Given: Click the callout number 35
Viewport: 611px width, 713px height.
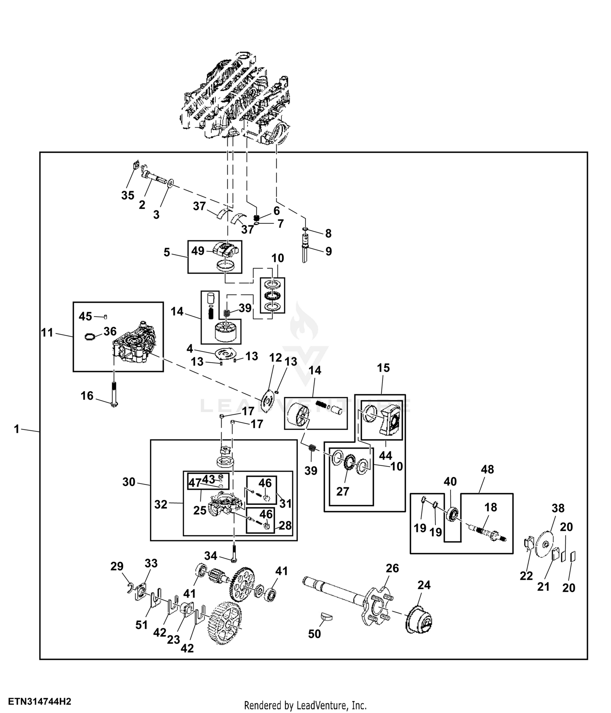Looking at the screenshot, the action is pyautogui.click(x=127, y=196).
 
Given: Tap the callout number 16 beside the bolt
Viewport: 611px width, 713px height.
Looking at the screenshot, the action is pyautogui.click(x=87, y=396).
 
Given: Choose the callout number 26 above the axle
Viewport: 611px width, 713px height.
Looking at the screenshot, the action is pyautogui.click(x=392, y=568).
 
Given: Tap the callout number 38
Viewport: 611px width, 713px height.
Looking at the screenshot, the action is pyautogui.click(x=558, y=508).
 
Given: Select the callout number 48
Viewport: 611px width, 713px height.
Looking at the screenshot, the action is pyautogui.click(x=487, y=469).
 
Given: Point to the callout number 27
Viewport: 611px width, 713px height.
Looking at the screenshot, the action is pyautogui.click(x=343, y=491).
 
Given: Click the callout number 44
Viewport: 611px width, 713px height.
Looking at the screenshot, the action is pyautogui.click(x=385, y=455).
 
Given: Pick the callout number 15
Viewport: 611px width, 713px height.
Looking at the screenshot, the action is pyautogui.click(x=383, y=368).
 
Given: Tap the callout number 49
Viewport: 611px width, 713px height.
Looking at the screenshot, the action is pyautogui.click(x=198, y=251).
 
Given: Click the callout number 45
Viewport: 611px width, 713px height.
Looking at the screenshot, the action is pyautogui.click(x=85, y=316).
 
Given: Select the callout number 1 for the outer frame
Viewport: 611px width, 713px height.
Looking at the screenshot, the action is pyautogui.click(x=16, y=429).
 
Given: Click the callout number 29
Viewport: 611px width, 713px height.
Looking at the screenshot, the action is pyautogui.click(x=117, y=566).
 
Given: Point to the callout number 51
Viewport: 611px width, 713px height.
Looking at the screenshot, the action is pyautogui.click(x=141, y=625).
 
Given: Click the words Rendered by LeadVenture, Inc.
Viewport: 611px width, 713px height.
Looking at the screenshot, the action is pyautogui.click(x=305, y=705).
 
